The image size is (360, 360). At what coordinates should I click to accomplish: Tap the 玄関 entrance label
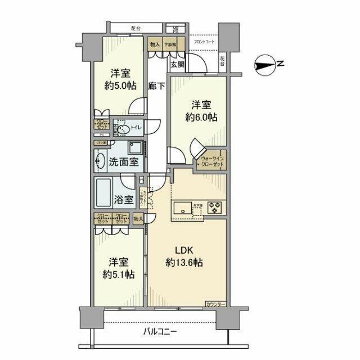click(x=177, y=65)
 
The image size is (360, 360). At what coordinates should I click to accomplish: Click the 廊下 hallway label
click(x=157, y=86)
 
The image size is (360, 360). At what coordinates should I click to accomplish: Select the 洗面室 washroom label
click(x=124, y=161)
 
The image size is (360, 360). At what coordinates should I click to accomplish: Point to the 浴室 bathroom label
click(x=123, y=199)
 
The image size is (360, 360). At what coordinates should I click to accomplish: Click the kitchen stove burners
click(x=216, y=208)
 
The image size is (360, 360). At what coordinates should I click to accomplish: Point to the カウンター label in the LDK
click(x=215, y=304)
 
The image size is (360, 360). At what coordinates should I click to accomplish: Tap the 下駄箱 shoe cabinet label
click(x=170, y=44)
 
